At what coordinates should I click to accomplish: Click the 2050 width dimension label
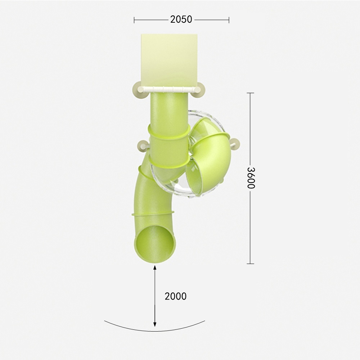[x=181, y=19]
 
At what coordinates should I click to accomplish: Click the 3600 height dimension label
[x=251, y=178]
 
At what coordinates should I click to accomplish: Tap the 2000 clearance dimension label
[x=175, y=296]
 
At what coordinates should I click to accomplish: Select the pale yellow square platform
[x=169, y=60]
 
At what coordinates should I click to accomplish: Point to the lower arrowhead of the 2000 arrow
[x=155, y=324]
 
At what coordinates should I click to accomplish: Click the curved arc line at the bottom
[x=154, y=331]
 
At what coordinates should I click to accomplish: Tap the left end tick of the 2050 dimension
[x=134, y=20]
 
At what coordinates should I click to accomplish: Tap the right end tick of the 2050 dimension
[x=229, y=20]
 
